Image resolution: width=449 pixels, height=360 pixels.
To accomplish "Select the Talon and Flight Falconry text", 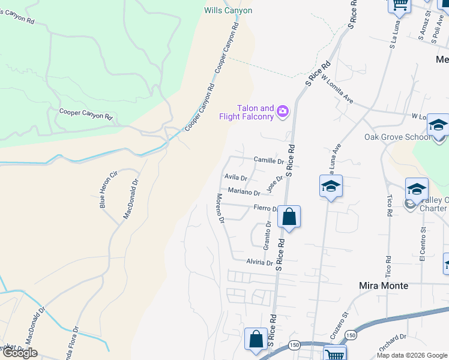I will click(x=255, y=112).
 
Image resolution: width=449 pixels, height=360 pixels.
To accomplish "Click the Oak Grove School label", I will click(x=397, y=137).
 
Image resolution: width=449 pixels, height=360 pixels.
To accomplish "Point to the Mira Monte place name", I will click(x=383, y=286).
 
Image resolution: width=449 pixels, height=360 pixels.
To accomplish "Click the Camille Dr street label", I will click(x=268, y=161).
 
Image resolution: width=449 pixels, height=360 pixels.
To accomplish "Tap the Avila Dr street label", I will click(x=235, y=178).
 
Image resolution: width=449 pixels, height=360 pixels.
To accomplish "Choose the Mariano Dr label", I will click(x=244, y=193).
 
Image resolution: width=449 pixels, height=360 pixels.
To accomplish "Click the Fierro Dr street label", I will click(x=265, y=209).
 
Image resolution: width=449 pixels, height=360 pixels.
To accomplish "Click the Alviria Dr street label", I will click(x=259, y=263).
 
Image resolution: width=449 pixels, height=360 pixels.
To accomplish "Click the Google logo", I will click(x=20, y=353).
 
